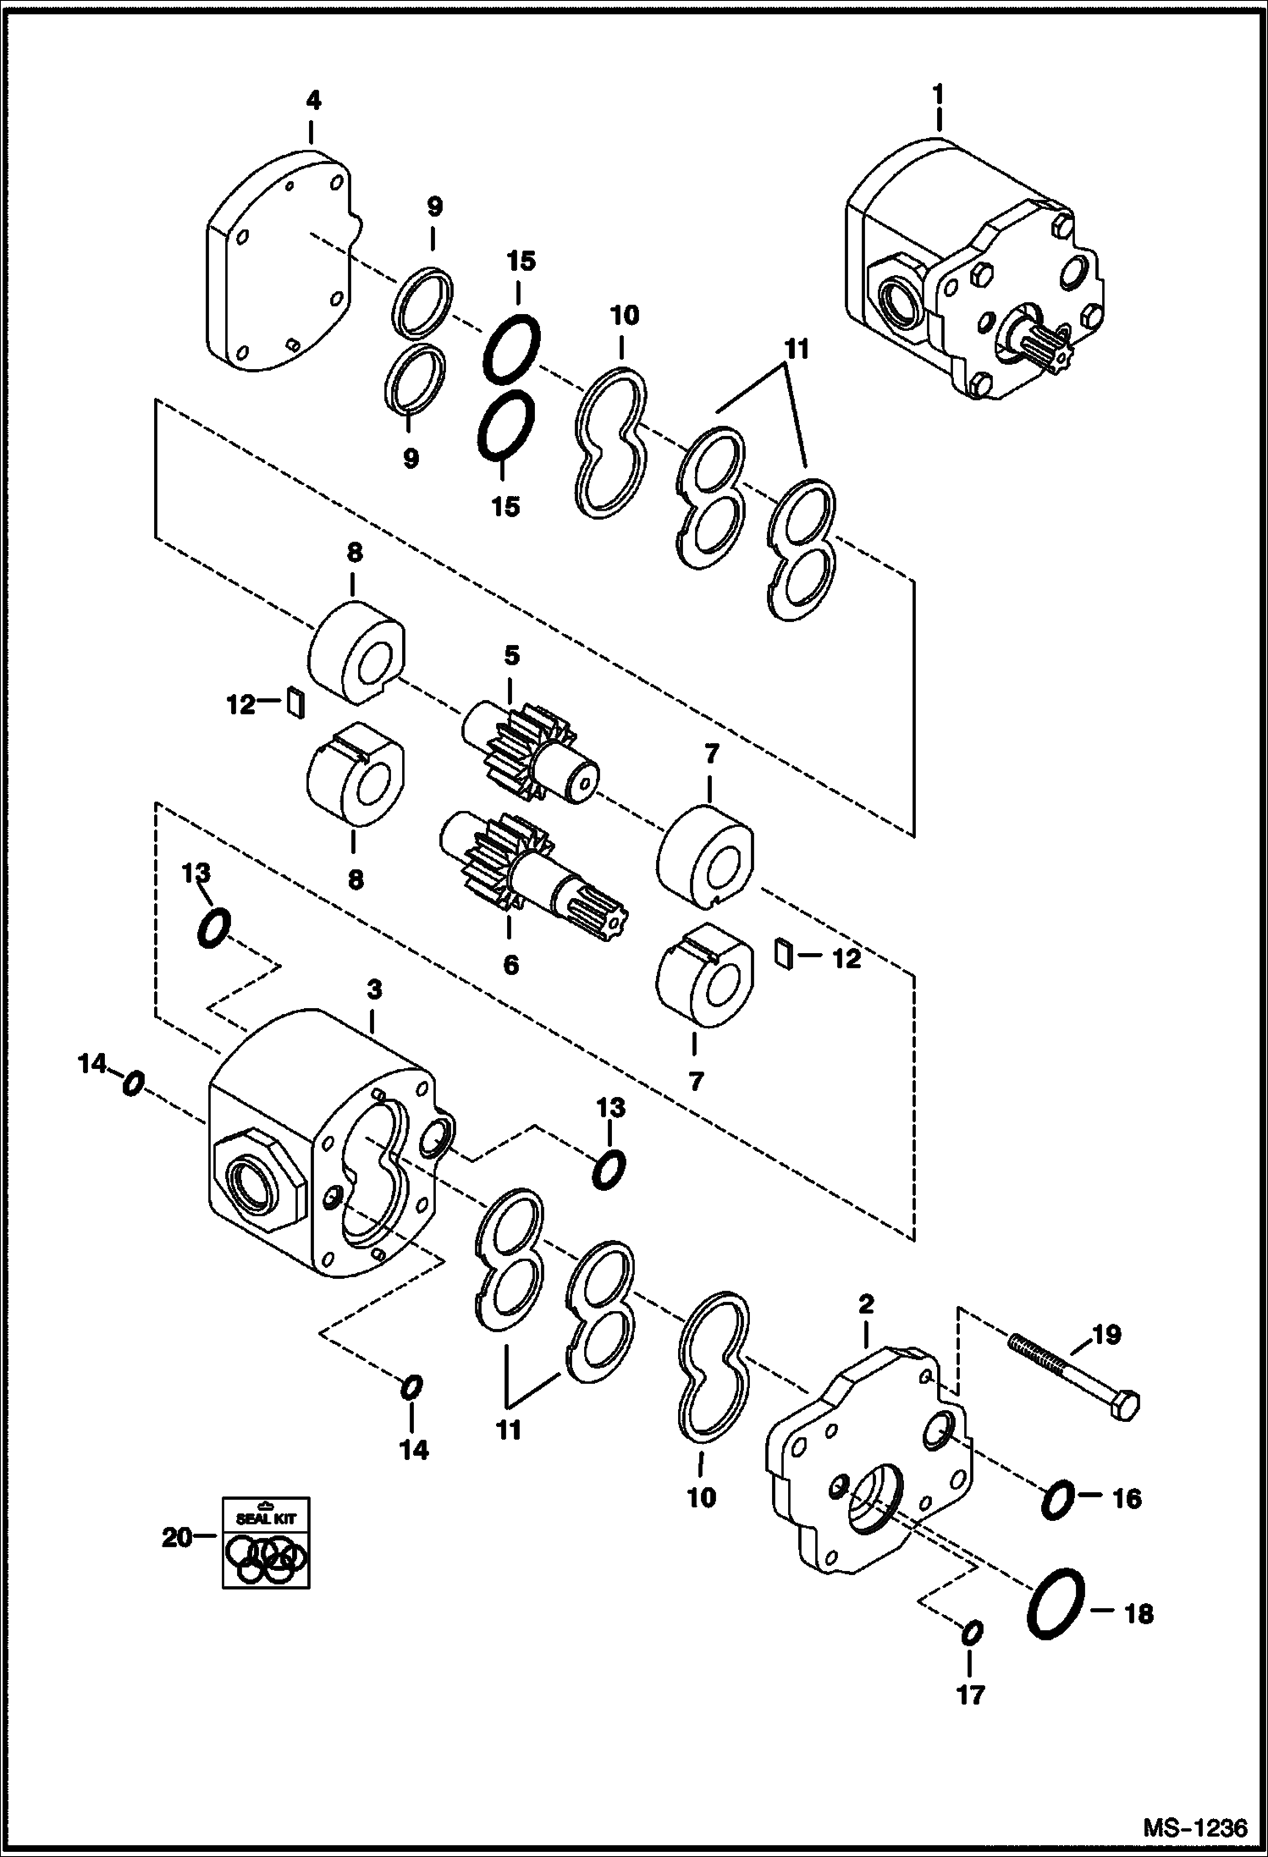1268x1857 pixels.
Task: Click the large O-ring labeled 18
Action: pos(1057,1605)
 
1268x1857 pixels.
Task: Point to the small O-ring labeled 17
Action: pos(972,1633)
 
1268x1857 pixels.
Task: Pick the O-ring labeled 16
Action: pos(1056,1499)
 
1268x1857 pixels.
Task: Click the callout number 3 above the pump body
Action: pos(374,989)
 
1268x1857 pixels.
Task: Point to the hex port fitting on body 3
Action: pos(257,1177)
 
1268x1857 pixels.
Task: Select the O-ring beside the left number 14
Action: pos(133,1083)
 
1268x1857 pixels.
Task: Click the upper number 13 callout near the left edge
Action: pos(196,873)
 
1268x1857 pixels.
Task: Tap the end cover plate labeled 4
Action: pos(279,262)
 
